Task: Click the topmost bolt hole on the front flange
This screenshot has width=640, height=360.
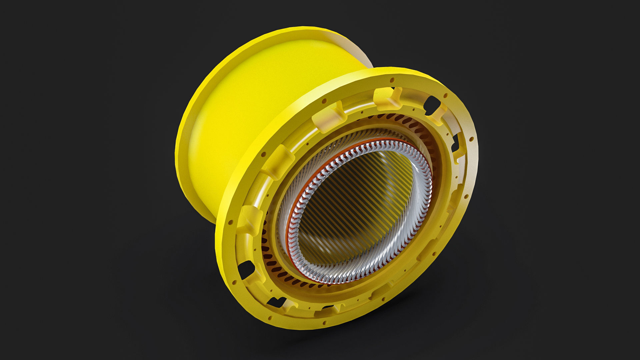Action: pyautogui.click(x=392, y=80)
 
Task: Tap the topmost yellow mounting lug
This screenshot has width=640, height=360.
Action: pyautogui.click(x=387, y=98)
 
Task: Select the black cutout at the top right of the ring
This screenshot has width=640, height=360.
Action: pyautogui.click(x=432, y=104)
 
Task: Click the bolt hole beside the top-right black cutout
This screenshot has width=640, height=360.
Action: pyautogui.click(x=445, y=96)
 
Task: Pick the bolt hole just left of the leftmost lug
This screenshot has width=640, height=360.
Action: pyautogui.click(x=230, y=221)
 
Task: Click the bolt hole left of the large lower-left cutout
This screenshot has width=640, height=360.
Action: pyautogui.click(x=234, y=276)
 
